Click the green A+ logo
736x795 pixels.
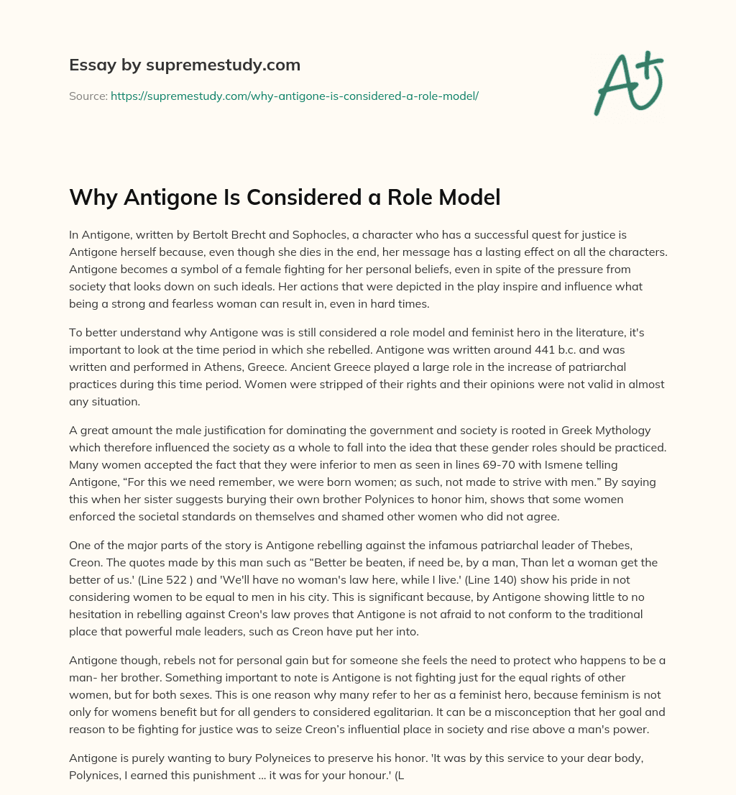(x=628, y=83)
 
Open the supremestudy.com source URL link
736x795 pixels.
(x=295, y=95)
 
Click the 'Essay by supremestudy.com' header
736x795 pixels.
(x=185, y=65)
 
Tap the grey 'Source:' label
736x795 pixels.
(x=88, y=95)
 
